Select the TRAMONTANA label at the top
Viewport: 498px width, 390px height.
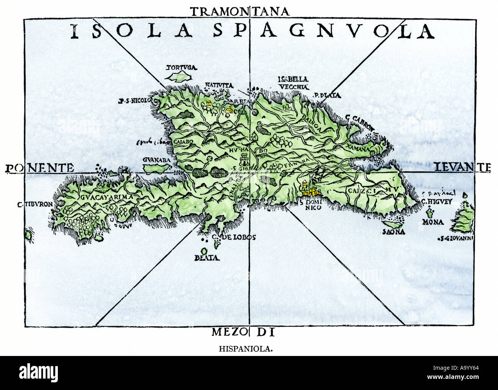239,11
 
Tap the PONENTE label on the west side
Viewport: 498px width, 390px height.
40,168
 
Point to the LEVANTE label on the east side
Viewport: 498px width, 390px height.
462,167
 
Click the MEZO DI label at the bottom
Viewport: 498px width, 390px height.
243,332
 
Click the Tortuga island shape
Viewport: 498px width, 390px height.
178,77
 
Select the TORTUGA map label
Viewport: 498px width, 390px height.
181,68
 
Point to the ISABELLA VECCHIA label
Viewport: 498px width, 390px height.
293,83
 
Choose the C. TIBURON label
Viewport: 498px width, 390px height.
35,204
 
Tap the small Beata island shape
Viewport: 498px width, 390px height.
204,251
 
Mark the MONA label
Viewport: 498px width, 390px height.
433,222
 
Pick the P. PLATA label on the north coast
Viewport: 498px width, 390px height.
327,96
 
